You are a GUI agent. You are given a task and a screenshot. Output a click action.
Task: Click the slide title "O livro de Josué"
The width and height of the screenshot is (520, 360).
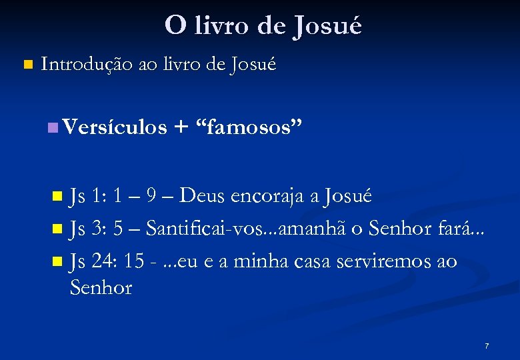pyautogui.click(x=263, y=26)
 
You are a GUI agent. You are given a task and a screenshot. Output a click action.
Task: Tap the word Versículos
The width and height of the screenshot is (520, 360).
pyautogui.click(x=115, y=127)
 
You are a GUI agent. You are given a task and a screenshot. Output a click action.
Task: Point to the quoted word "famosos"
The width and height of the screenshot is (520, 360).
pyautogui.click(x=247, y=127)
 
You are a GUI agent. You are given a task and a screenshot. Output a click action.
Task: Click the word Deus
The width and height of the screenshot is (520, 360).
pyautogui.click(x=205, y=196)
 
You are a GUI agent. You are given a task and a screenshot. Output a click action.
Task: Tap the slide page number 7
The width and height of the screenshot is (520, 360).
pyautogui.click(x=487, y=346)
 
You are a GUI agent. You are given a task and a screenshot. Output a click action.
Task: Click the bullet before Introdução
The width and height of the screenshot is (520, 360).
pyautogui.click(x=27, y=65)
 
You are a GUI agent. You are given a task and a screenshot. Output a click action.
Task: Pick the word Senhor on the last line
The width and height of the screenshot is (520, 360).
pyautogui.click(x=101, y=288)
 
